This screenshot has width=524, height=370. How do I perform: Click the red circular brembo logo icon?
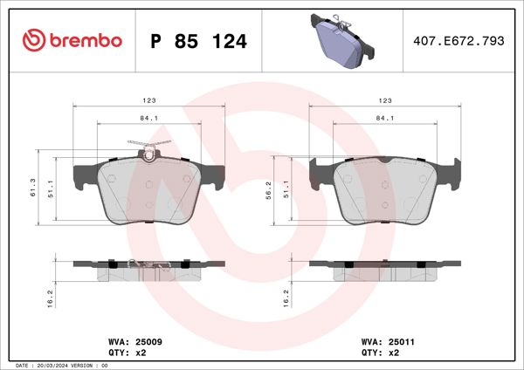click(x=33, y=40)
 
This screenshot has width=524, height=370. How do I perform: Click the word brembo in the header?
click(x=85, y=41)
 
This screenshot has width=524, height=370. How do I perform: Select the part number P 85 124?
click(x=198, y=41)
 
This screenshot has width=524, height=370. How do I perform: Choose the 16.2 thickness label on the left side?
click(x=52, y=297)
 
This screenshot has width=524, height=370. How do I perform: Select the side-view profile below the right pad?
click(x=385, y=269)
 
